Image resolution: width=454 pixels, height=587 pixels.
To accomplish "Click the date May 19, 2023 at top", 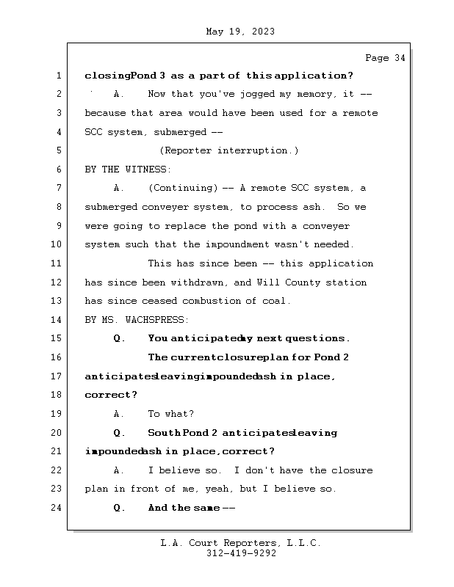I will pos(240,32).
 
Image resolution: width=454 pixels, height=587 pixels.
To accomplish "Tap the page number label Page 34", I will pos(385,58).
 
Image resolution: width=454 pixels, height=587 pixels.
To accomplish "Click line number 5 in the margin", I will pos(57,150).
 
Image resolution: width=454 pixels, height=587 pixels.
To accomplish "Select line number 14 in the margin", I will pos(57,319).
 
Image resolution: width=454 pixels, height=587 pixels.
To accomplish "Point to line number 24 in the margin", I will pos(57,508).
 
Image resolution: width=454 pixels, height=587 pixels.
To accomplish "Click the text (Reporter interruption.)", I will pos(229,150).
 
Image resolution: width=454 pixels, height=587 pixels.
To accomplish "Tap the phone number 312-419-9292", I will pos(241,554).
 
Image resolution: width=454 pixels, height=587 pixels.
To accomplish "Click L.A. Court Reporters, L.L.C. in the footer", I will pos(241,543).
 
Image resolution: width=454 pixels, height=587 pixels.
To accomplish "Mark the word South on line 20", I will pos(164,433).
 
